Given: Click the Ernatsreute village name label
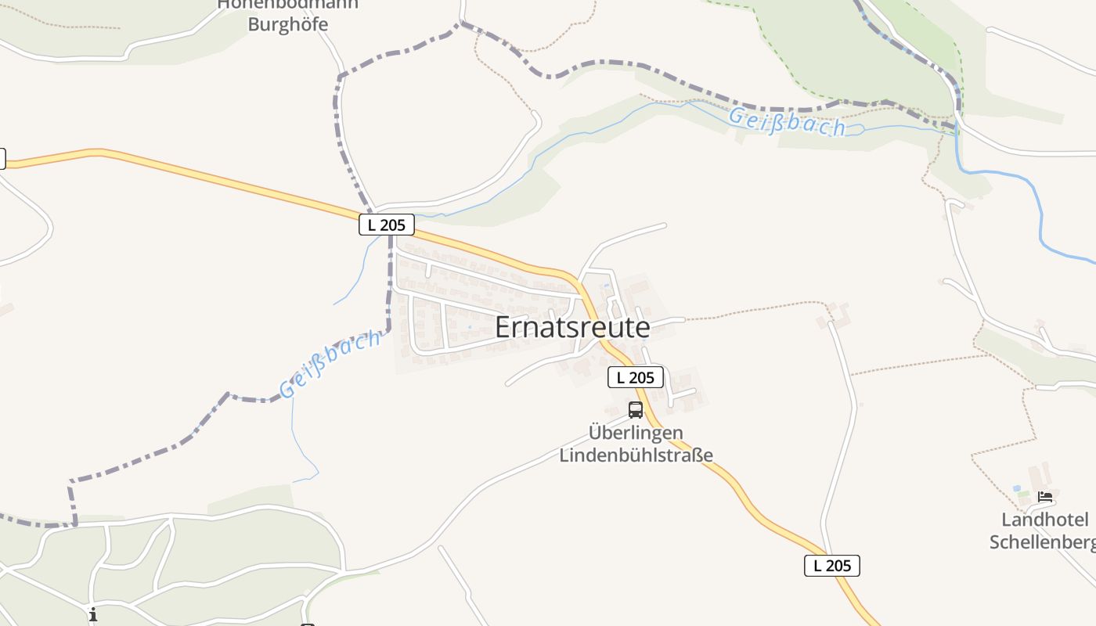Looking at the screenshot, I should [572, 328].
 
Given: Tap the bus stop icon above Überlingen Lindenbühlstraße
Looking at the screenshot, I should [636, 409].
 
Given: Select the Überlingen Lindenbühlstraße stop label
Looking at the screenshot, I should [636, 444].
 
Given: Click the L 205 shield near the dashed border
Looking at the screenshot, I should [387, 225].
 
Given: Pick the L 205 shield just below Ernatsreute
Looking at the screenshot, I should [636, 378].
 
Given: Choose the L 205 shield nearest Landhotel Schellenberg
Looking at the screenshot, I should [832, 566].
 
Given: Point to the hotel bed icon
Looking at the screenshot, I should [1045, 496].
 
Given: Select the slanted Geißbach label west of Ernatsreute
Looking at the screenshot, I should [331, 363].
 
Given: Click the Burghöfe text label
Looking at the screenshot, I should [287, 24].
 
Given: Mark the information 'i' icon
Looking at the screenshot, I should [93, 614].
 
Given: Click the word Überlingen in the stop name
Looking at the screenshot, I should [636, 433].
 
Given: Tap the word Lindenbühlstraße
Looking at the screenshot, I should [636, 455].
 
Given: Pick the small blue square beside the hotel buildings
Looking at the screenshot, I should [1016, 488].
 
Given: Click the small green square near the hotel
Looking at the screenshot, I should [1022, 494].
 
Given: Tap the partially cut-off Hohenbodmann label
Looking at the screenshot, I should [287, 4].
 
